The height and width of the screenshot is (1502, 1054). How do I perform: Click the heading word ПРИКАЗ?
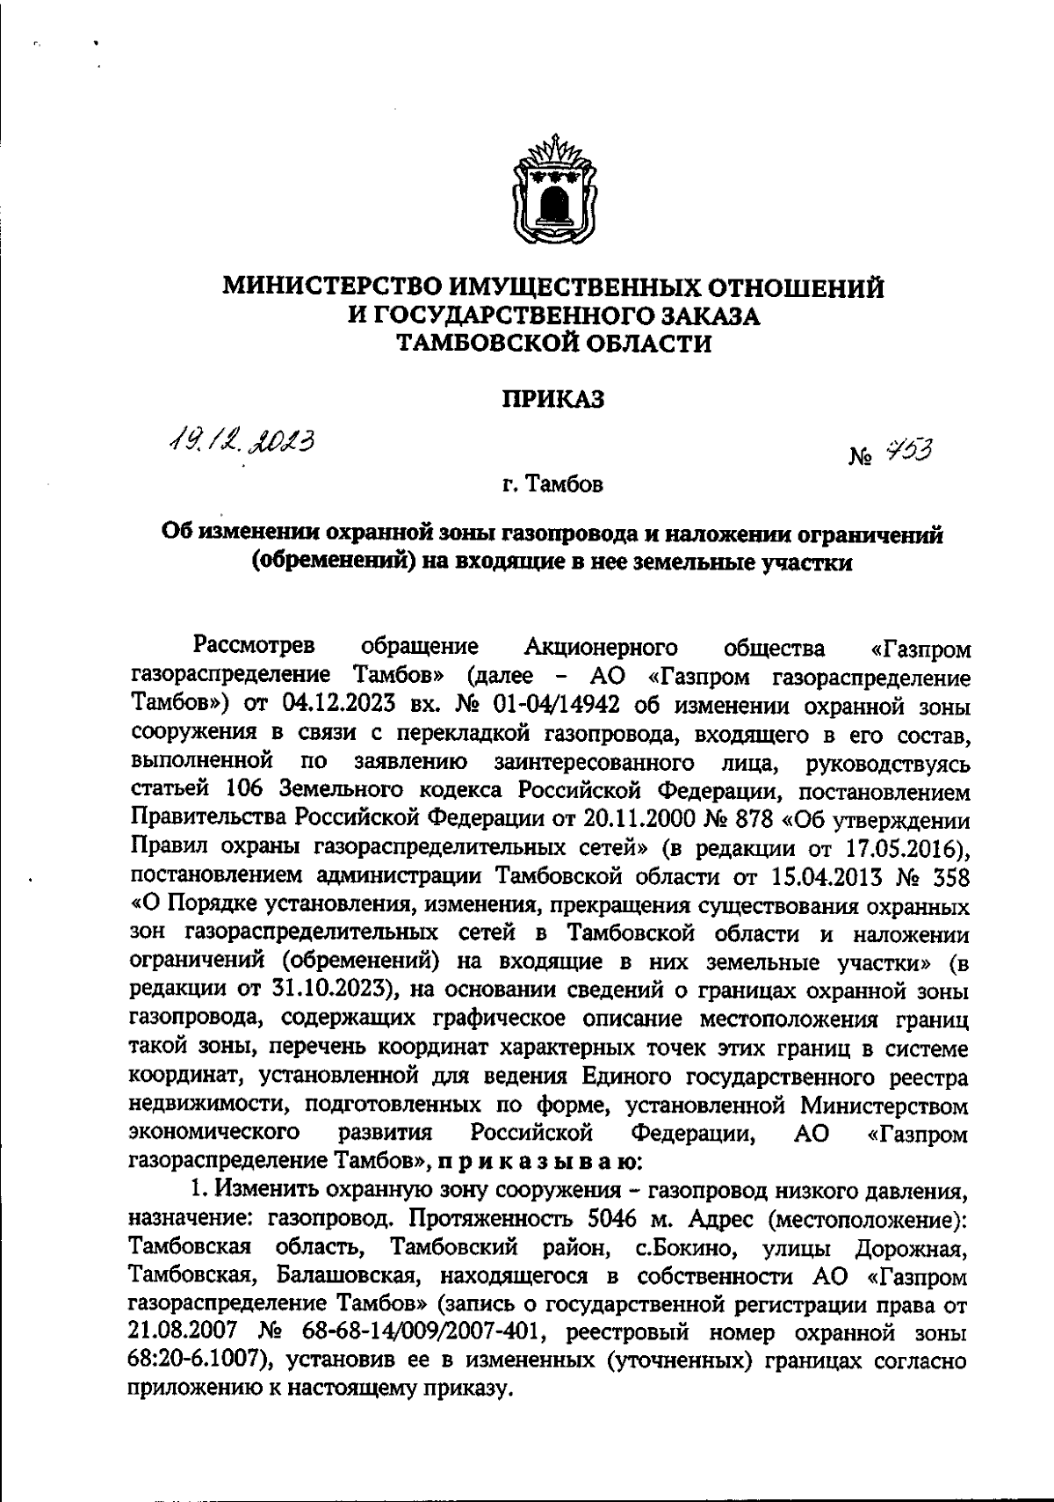pyautogui.click(x=553, y=399)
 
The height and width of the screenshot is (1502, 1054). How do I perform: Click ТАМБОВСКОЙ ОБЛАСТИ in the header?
pyautogui.click(x=553, y=344)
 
